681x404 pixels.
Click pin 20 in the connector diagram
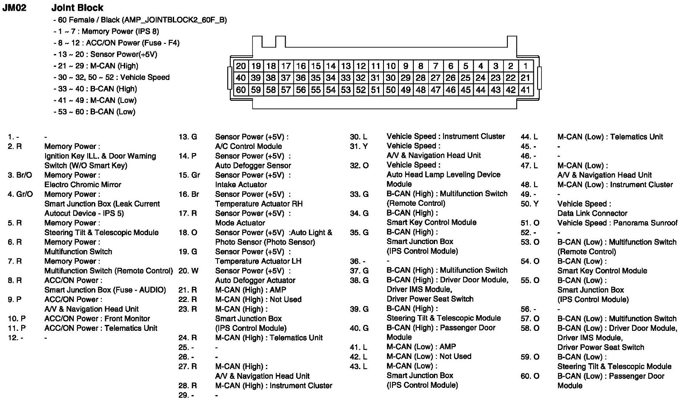tap(241, 66)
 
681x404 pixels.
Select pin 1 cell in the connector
tap(526, 66)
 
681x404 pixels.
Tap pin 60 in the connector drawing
tap(241, 90)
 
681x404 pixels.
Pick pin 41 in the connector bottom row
tap(526, 90)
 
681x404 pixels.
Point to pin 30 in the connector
tap(390, 78)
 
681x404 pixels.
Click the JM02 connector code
tap(14, 8)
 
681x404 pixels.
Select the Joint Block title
tap(77, 8)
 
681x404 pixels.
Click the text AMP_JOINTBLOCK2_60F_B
tap(174, 20)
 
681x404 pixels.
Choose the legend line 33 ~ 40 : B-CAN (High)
tap(95, 88)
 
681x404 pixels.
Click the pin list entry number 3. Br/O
tap(20, 175)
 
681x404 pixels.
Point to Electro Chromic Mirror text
tap(83, 185)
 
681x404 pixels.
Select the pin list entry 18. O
tap(188, 232)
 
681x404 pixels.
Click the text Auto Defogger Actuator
tap(255, 280)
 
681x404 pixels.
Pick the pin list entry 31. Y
tap(358, 146)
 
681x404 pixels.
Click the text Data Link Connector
tap(592, 213)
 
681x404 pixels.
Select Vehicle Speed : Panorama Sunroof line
tap(617, 223)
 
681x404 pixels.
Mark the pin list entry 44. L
tap(529, 137)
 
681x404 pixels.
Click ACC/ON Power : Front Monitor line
tap(97, 319)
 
